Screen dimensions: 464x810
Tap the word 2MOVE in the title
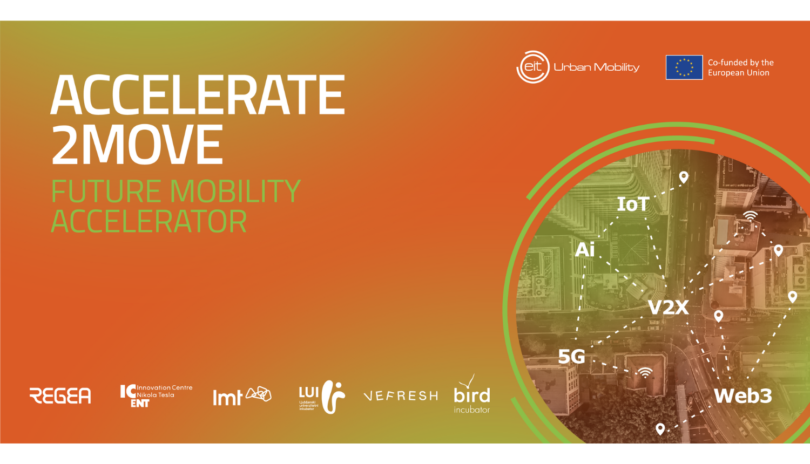pyautogui.click(x=137, y=145)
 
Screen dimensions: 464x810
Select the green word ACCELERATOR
pyautogui.click(x=148, y=222)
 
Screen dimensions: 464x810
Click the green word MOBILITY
pyautogui.click(x=235, y=192)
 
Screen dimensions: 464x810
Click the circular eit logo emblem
pyautogui.click(x=533, y=67)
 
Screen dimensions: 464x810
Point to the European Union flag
pyautogui.click(x=684, y=67)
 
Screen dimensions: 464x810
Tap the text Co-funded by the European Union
pyautogui.click(x=740, y=67)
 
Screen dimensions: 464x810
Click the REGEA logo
pyautogui.click(x=60, y=395)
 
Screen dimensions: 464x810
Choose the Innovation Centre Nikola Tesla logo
pyautogui.click(x=156, y=395)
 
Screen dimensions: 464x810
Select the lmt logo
pyautogui.click(x=241, y=395)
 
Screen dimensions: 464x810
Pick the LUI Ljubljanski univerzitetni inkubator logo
pyautogui.click(x=322, y=397)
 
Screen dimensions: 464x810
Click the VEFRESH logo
pyautogui.click(x=401, y=396)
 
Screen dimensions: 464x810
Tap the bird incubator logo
pyautogui.click(x=471, y=395)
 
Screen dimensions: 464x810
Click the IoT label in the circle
pyautogui.click(x=633, y=204)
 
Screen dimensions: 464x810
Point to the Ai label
pyautogui.click(x=585, y=250)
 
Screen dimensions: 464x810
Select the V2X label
pyautogui.click(x=668, y=308)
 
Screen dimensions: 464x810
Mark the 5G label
pyautogui.click(x=571, y=356)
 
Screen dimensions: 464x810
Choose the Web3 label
pyautogui.click(x=742, y=396)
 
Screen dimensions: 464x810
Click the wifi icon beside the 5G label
pyautogui.click(x=645, y=372)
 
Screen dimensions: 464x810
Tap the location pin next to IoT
pyautogui.click(x=684, y=177)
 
